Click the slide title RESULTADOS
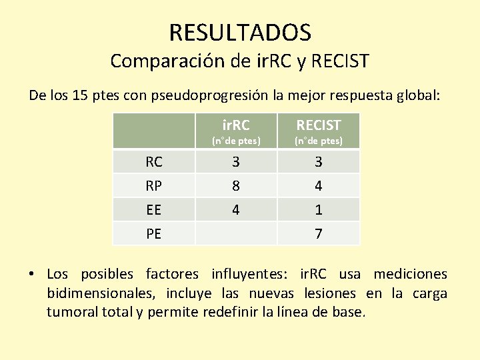click(240, 31)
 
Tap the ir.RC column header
click(235, 125)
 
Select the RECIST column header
click(319, 125)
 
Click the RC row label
click(154, 162)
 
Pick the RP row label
click(154, 186)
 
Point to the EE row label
click(154, 210)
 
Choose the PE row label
click(154, 234)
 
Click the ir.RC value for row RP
click(235, 186)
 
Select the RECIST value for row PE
click(319, 234)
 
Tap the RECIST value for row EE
click(319, 210)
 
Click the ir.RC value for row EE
click(235, 210)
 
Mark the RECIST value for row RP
click(319, 186)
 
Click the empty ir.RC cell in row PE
click(235, 234)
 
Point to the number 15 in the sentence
click(79, 95)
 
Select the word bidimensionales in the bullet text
click(93, 293)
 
